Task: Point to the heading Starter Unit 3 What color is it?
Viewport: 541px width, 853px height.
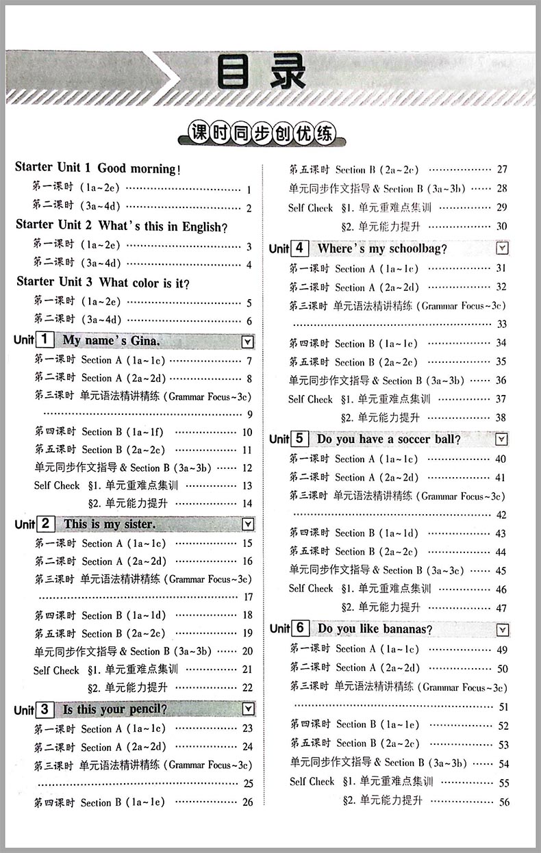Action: [x=103, y=282]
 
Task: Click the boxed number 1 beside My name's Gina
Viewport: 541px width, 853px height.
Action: [x=44, y=340]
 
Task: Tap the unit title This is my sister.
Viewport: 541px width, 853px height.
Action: [x=110, y=524]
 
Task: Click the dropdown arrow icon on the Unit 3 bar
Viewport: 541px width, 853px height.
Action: [x=248, y=709]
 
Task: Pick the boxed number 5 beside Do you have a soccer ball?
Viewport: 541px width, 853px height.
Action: [x=300, y=439]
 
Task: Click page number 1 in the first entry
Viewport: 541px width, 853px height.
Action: [x=249, y=190]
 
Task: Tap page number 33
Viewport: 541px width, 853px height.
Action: [x=502, y=324]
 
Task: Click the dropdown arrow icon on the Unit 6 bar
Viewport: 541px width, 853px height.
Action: [x=503, y=629]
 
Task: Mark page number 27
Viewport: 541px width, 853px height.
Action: [x=502, y=170]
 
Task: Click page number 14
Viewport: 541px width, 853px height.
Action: [x=247, y=504]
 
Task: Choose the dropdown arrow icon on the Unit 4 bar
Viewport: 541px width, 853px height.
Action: [x=502, y=249]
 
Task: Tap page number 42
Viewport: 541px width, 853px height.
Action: [x=501, y=515]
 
